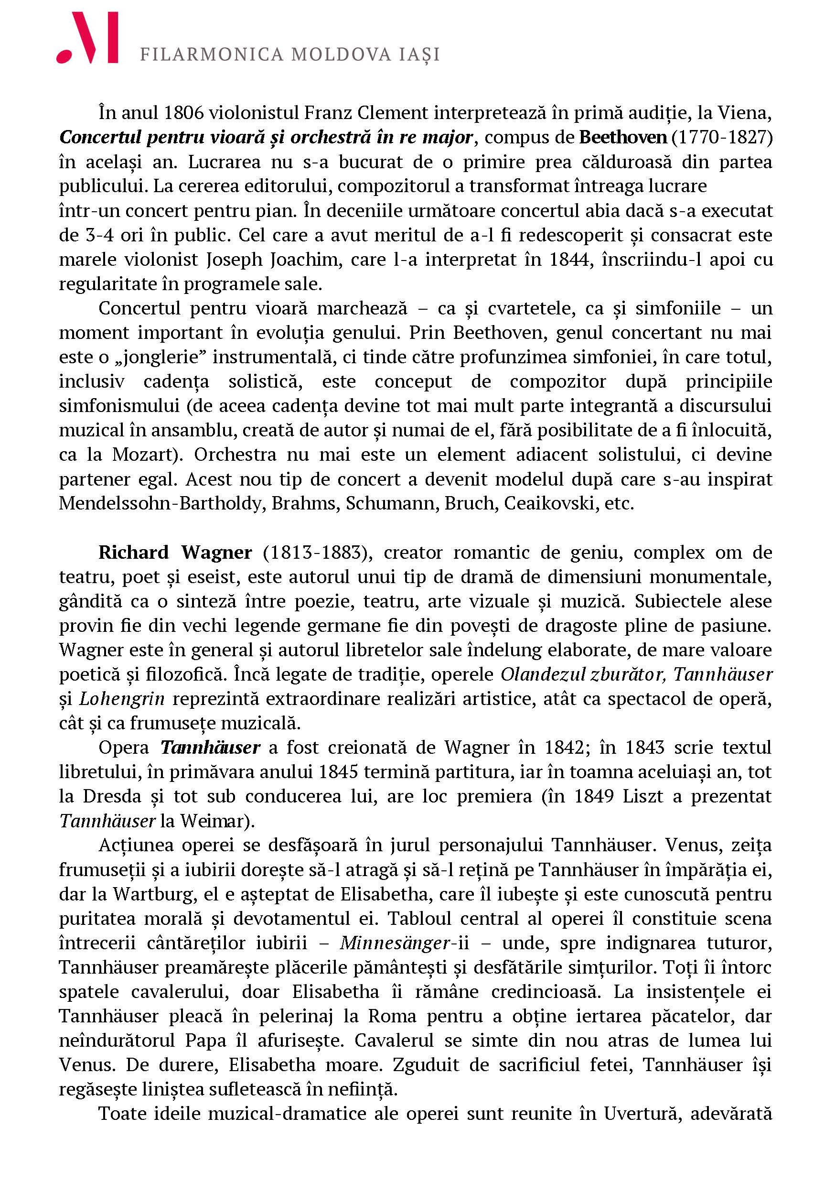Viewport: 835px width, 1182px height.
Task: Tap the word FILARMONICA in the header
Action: coord(212,54)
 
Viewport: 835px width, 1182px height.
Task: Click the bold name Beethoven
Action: coord(622,138)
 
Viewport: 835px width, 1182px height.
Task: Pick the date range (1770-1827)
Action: coord(722,138)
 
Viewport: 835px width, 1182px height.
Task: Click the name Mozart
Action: coord(140,455)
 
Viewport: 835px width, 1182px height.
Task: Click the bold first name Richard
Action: coord(133,553)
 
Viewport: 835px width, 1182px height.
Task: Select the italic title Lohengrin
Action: coord(122,699)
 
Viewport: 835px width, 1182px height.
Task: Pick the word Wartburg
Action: coord(155,894)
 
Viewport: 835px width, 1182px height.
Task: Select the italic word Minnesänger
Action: coord(395,943)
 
